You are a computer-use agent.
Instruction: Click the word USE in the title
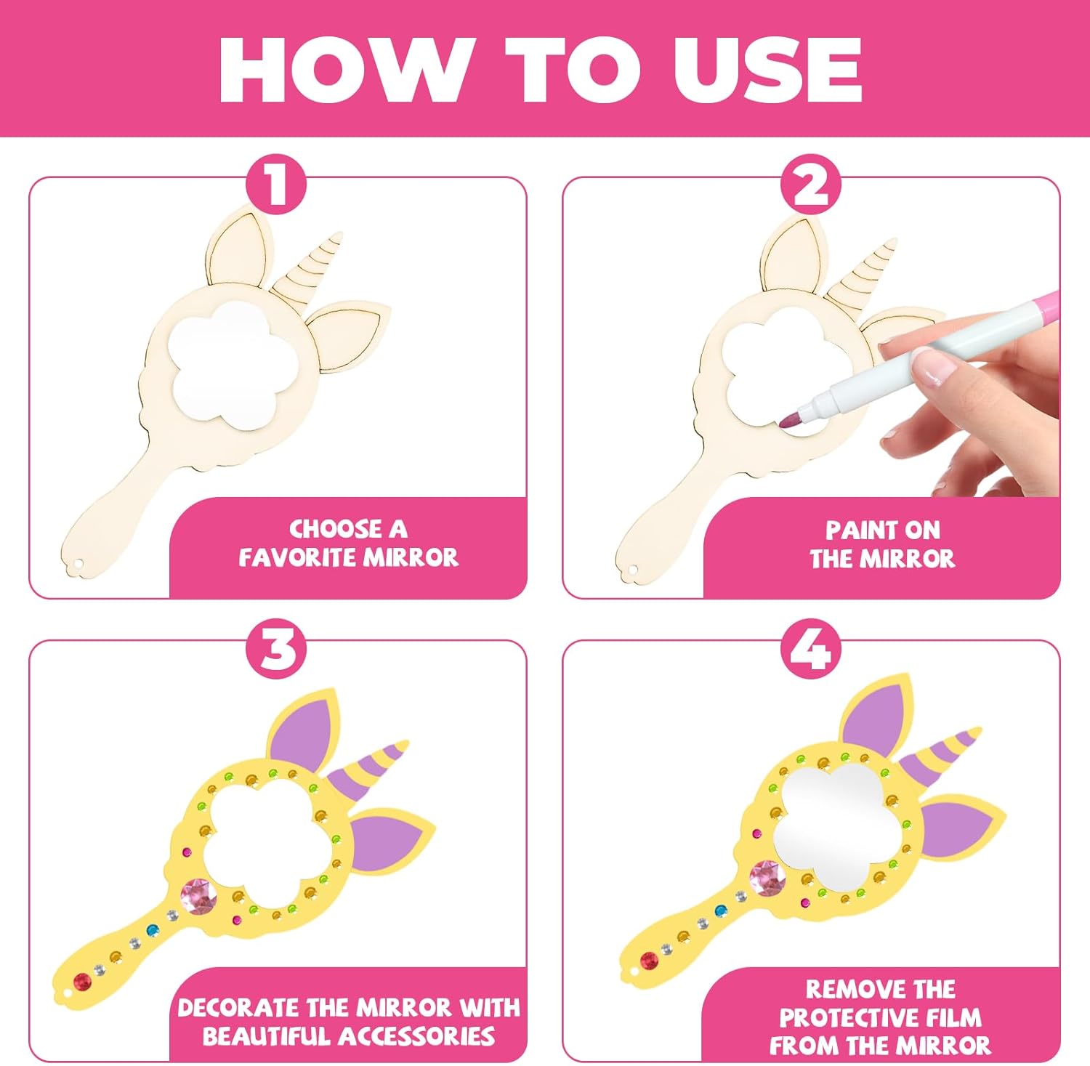click(x=767, y=69)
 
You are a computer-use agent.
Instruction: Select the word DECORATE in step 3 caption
click(x=238, y=1008)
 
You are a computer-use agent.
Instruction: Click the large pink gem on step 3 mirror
click(x=198, y=895)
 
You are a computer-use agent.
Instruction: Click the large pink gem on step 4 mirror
click(x=767, y=877)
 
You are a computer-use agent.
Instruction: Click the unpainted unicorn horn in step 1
click(x=307, y=268)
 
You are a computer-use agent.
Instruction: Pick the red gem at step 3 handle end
click(x=81, y=982)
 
